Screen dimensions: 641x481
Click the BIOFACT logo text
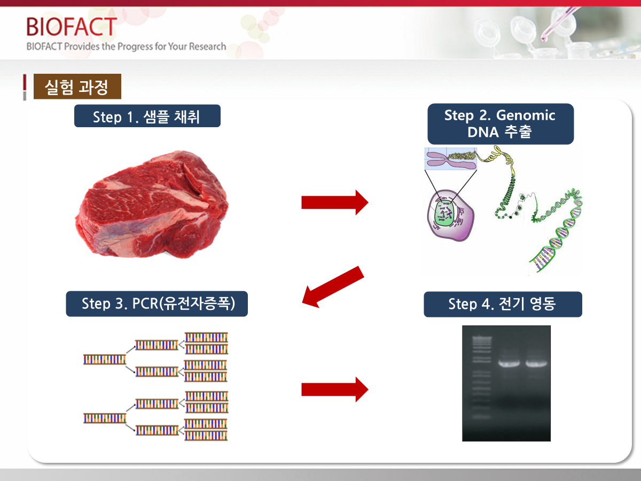coord(72,26)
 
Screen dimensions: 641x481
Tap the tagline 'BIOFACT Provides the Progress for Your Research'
coord(126,46)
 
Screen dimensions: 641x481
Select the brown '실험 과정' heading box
coord(77,87)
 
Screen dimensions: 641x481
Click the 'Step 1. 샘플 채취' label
coord(147,116)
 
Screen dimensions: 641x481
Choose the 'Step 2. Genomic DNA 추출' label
coord(501,124)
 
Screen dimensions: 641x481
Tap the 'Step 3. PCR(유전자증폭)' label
coord(157,304)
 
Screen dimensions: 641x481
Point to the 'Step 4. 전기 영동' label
coord(503,304)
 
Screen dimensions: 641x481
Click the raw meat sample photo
coord(152,205)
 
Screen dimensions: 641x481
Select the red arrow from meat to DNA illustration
coord(335,202)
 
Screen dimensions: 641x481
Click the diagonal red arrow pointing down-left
coord(333,287)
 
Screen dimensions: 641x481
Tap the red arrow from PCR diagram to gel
coord(335,389)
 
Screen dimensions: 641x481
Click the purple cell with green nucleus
coord(450,215)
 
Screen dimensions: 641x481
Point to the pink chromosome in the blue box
coord(451,159)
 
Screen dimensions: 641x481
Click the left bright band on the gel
coord(509,363)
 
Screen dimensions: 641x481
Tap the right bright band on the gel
coord(536,363)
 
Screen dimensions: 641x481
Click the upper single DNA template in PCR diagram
coord(105,360)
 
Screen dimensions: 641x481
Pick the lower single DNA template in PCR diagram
coord(105,418)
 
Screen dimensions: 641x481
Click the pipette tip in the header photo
coord(543,38)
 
